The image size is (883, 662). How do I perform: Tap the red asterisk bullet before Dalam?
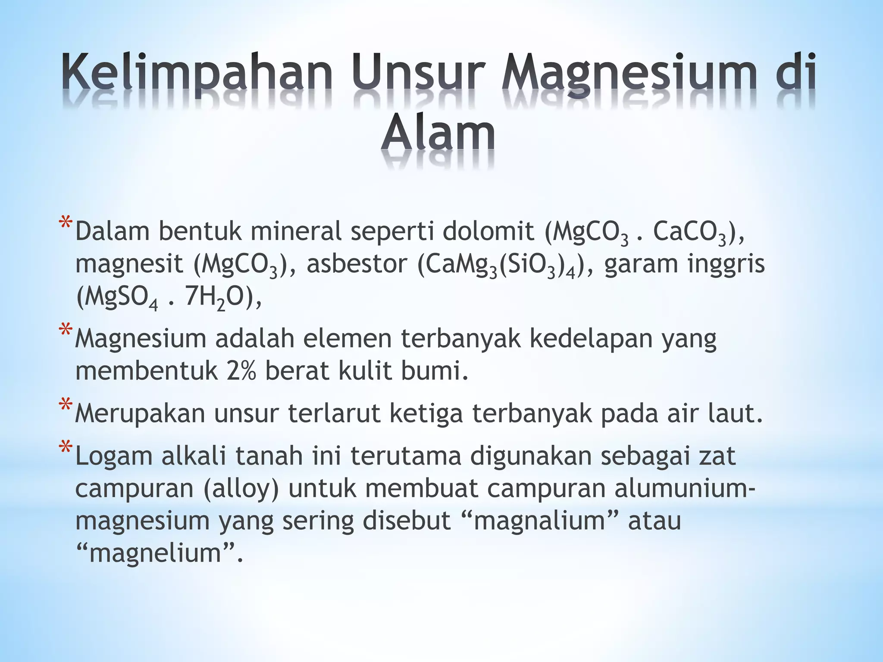tap(66, 224)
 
